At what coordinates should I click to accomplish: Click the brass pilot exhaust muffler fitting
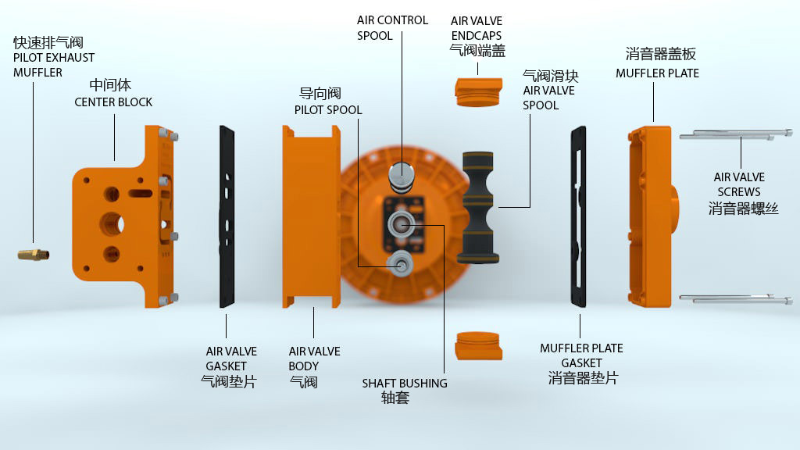pos(33,254)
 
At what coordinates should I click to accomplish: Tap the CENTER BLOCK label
pos(113,102)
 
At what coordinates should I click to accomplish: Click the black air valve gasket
pos(227,217)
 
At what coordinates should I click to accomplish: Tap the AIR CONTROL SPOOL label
pos(392,28)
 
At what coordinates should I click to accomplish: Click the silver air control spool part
pos(401,177)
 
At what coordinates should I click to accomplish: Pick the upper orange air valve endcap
pos(479,91)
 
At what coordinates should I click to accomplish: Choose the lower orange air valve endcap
pos(479,346)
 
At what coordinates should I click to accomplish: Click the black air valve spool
pos(478,207)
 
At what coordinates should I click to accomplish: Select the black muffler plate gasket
pos(579,217)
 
